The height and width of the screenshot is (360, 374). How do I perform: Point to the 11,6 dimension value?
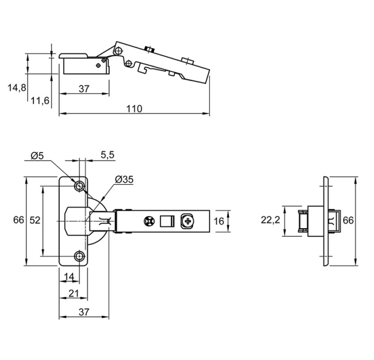coord(40,101)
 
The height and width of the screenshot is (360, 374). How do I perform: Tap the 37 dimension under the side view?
coord(84,89)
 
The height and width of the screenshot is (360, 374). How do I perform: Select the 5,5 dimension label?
coord(107,155)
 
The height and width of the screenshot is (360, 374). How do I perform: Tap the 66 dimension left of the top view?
coord(17,220)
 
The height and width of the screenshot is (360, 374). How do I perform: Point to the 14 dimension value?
coord(68,277)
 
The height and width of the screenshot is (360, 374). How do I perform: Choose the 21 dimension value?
coord(73,294)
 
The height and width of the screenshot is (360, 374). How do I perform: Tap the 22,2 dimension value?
coord(271,220)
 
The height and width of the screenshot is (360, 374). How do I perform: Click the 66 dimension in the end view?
coord(348,220)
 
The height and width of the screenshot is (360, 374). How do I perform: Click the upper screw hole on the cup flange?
coord(79,185)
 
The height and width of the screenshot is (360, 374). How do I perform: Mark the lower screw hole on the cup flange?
coord(79,256)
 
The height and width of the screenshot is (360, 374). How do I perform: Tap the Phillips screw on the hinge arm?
coord(188,221)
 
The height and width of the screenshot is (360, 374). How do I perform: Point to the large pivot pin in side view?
coord(119,50)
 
